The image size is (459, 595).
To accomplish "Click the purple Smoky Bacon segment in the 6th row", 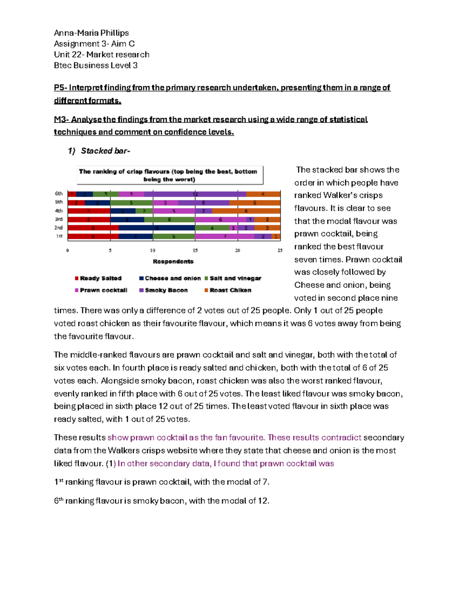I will pyautogui.click(x=195, y=194).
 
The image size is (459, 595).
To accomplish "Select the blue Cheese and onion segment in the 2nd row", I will pyautogui.click(x=157, y=228).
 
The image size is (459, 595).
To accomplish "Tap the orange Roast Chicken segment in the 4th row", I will pyautogui.click(x=246, y=211).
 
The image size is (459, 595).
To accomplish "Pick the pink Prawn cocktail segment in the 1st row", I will pyautogui.click(x=225, y=236).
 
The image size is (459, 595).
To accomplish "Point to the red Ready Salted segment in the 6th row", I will pyautogui.click(x=72, y=194).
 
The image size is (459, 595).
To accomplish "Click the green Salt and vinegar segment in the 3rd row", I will pyautogui.click(x=169, y=220).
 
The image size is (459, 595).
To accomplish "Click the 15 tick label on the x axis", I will pyautogui.click(x=195, y=251).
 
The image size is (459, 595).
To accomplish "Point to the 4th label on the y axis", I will pyautogui.click(x=59, y=211).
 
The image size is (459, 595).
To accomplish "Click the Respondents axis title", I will pyautogui.click(x=173, y=262).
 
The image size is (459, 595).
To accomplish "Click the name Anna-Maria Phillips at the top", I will pyautogui.click(x=91, y=33).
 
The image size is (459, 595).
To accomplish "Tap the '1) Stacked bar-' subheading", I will pyautogui.click(x=99, y=151).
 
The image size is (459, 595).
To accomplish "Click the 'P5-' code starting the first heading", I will pyautogui.click(x=60, y=88).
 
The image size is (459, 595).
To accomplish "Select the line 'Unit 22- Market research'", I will pyautogui.click(x=102, y=55).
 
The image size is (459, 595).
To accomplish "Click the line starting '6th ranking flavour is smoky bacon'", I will pyautogui.click(x=162, y=501).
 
